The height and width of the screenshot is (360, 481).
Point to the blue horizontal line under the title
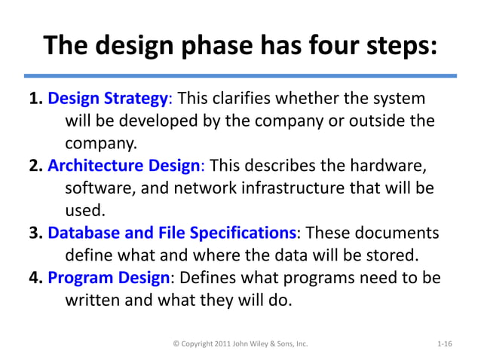pyautogui.click(x=240, y=76)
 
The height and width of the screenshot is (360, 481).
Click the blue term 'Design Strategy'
pyautogui.click(x=107, y=99)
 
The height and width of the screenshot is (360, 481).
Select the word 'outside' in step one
pyautogui.click(x=375, y=121)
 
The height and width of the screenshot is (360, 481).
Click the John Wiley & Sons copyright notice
pyautogui.click(x=240, y=343)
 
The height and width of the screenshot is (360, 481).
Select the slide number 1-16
pyautogui.click(x=444, y=343)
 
